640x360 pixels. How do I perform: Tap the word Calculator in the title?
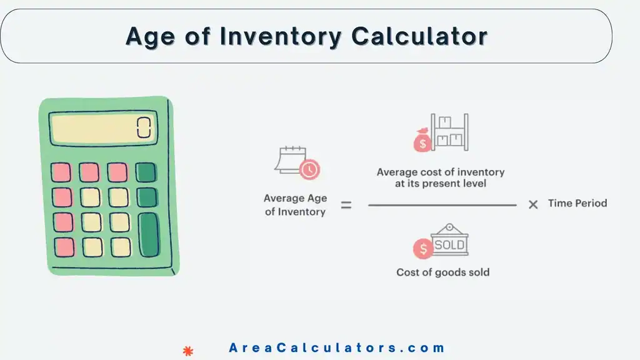click(419, 36)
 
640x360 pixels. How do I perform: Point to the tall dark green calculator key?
click(149, 234)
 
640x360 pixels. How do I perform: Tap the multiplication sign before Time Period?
click(533, 204)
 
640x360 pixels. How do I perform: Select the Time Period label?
click(577, 203)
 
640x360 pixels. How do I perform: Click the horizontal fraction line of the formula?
click(442, 205)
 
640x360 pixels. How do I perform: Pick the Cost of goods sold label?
click(442, 272)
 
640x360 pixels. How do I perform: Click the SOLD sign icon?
click(449, 241)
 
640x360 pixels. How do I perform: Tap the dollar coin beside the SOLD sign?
click(423, 249)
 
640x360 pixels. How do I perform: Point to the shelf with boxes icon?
click(450, 132)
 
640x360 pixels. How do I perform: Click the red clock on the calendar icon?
click(309, 169)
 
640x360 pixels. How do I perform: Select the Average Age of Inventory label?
click(295, 205)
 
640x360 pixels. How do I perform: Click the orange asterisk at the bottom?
click(187, 351)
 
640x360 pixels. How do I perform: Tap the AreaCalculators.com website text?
click(337, 348)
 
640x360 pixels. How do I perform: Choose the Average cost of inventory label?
click(440, 178)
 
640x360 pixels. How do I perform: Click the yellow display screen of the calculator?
click(103, 128)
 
